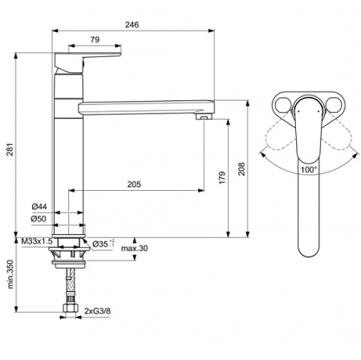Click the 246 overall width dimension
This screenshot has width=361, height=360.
132,25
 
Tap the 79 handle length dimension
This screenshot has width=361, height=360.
95,39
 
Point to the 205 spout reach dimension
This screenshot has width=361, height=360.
134,184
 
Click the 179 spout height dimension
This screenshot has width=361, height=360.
222,177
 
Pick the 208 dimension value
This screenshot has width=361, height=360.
241,169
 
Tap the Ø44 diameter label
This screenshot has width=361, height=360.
39,206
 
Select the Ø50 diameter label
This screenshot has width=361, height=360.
39,219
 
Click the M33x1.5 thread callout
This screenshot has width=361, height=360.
37,241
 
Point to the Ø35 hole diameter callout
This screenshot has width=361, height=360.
103,244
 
